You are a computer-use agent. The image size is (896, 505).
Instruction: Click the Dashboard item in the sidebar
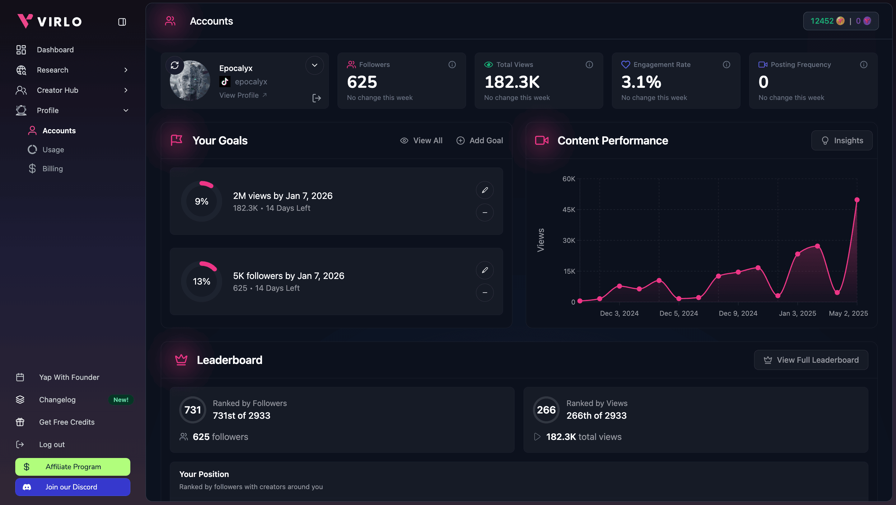coord(55,50)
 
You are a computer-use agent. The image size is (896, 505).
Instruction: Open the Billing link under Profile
coord(53,169)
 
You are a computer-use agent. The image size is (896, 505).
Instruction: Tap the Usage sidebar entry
coord(53,150)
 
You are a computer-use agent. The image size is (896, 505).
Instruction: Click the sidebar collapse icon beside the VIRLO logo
coord(122,22)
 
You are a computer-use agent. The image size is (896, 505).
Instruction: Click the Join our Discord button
coord(73,487)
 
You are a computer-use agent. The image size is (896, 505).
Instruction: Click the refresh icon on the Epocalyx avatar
coord(175,65)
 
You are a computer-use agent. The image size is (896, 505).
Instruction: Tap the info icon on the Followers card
coord(452,65)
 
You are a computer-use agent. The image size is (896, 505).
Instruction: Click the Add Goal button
coord(480,141)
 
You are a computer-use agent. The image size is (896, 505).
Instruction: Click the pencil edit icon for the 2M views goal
coord(484,190)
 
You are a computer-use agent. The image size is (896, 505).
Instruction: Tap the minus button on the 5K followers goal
coord(484,293)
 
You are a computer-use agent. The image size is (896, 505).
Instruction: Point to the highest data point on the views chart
coord(857,200)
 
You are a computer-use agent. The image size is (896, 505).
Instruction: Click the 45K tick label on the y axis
coord(569,210)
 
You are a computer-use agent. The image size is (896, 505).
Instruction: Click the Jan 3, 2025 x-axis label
coord(797,313)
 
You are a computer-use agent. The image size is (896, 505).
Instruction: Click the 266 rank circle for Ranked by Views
coord(546,410)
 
